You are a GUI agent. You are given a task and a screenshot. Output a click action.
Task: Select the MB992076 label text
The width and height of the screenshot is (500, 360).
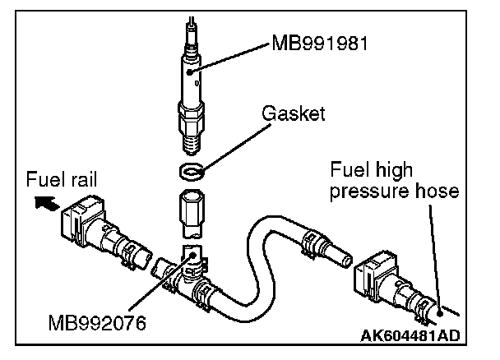[96, 323]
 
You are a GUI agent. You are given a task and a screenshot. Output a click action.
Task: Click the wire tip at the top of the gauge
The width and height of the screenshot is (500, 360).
[190, 21]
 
